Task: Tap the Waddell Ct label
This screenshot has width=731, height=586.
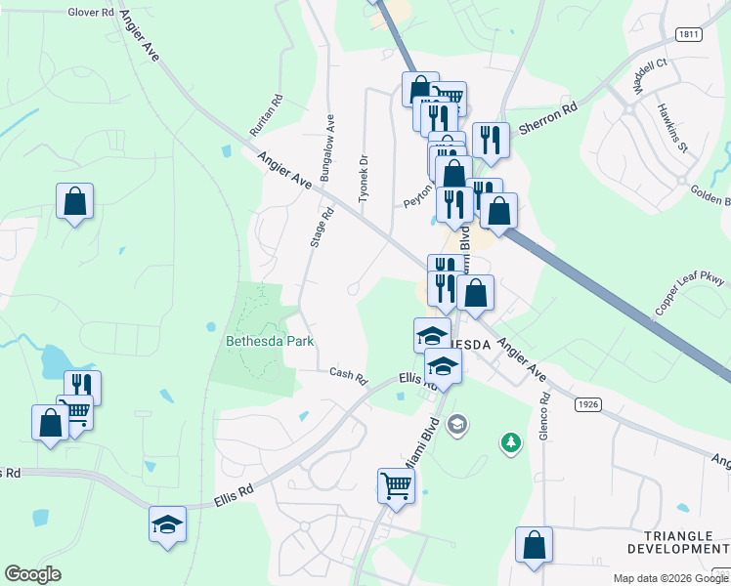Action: tap(648, 75)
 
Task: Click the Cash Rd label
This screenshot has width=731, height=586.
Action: tap(347, 374)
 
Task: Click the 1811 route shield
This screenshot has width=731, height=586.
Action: tap(689, 33)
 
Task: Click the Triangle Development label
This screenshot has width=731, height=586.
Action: tap(685, 543)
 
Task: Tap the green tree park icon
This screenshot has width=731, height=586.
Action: tap(510, 443)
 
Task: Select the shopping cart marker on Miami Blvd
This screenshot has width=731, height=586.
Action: tap(397, 484)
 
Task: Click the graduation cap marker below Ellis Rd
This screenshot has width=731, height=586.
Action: tap(167, 523)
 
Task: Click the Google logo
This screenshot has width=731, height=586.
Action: tap(32, 574)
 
